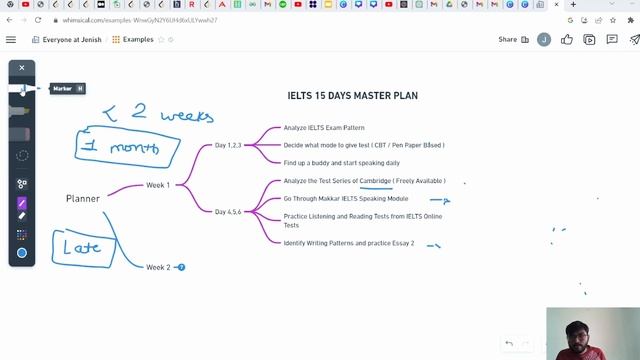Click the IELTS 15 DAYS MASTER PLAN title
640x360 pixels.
[x=352, y=96]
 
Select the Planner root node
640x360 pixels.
[x=83, y=198]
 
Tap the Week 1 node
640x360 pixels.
[x=158, y=185]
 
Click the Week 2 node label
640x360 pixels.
[x=158, y=267]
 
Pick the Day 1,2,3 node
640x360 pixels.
[x=228, y=145]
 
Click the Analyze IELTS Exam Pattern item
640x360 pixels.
[x=324, y=128]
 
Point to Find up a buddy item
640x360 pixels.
[x=341, y=162]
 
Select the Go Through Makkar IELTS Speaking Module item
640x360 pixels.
[x=345, y=198]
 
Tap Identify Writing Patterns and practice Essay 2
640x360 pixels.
[x=348, y=243]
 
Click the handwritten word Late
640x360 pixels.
[x=82, y=246]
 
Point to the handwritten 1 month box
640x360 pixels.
[x=127, y=149]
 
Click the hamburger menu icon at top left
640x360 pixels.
[x=11, y=40]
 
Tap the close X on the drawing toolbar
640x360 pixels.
[x=22, y=68]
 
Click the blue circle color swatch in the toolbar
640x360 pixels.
[x=22, y=253]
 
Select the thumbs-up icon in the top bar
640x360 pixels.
[x=567, y=40]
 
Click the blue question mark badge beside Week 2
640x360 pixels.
[x=181, y=267]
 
